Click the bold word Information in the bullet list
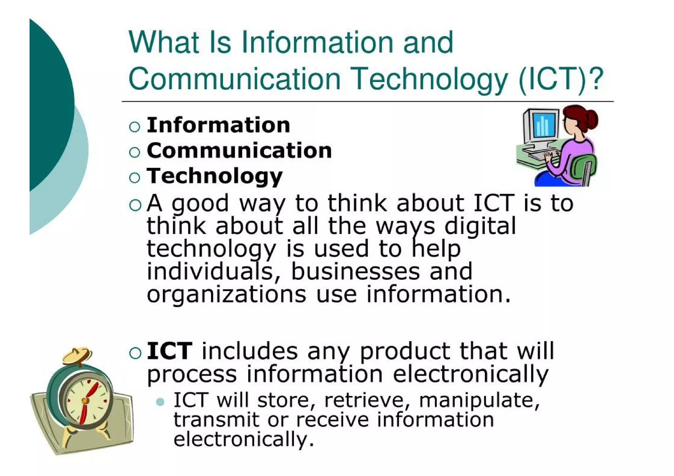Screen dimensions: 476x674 (x=218, y=125)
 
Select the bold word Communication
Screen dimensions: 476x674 (x=239, y=151)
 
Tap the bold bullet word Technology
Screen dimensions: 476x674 (x=215, y=176)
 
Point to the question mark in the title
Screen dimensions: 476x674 (x=596, y=79)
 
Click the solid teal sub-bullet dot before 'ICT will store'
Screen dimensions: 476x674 (x=160, y=402)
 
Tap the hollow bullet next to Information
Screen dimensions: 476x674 (x=135, y=127)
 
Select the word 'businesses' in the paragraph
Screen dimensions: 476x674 (x=356, y=271)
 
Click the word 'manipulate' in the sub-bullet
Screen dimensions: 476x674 (x=479, y=400)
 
